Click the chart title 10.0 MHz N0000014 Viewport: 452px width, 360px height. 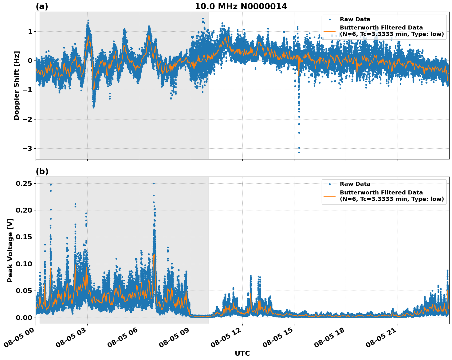(241, 6)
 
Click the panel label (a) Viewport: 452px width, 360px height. (42, 6)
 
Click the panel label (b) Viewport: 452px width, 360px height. (42, 171)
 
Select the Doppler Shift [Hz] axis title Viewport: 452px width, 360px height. (17, 85)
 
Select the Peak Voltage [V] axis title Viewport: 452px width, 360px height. (10, 250)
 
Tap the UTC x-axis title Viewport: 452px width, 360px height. (242, 353)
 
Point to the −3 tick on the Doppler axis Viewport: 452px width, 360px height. (28, 148)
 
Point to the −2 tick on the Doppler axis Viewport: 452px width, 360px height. (28, 119)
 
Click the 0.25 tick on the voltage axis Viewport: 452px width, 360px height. (24, 183)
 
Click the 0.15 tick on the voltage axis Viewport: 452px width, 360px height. (24, 237)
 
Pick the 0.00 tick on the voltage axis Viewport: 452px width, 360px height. (24, 317)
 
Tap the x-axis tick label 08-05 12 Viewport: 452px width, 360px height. (226, 340)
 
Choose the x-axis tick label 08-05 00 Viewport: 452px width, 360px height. (20, 340)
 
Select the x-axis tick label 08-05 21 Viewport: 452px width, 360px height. (382, 340)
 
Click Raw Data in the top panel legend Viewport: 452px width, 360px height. (355, 19)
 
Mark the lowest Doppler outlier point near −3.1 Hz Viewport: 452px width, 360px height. (299, 152)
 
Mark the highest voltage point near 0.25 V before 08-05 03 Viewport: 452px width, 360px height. (51, 185)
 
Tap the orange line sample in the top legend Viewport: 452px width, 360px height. (330, 31)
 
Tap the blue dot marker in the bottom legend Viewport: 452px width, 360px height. (330, 184)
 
